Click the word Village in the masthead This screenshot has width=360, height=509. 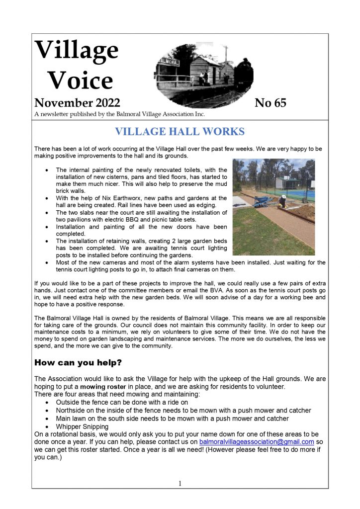[77, 50]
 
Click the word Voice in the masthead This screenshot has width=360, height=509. [82, 80]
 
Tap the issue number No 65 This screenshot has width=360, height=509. [270, 103]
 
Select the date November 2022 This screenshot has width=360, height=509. [77, 103]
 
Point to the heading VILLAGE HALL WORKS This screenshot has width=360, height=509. [180, 132]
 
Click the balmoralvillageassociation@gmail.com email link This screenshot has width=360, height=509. [256, 441]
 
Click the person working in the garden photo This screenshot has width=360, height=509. [282, 201]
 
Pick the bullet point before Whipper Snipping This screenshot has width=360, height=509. [47, 426]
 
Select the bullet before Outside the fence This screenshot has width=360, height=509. [47, 402]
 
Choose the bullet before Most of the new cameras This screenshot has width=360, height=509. [47, 262]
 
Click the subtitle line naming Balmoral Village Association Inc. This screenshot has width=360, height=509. [120, 115]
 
